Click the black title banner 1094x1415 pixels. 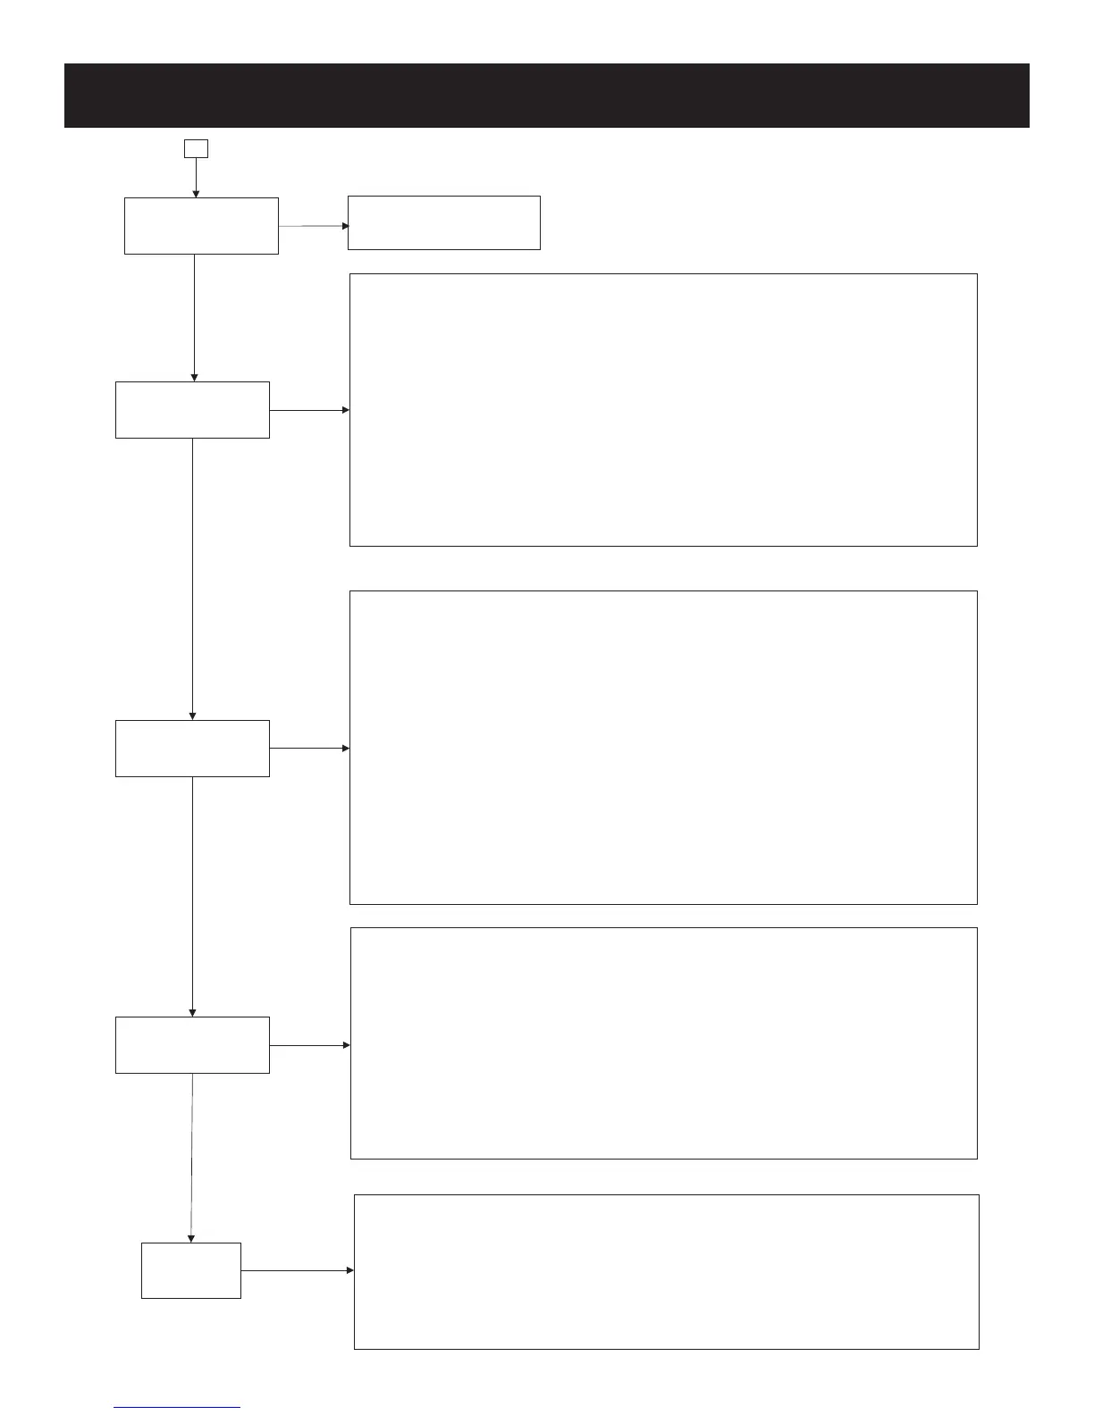pyautogui.click(x=546, y=96)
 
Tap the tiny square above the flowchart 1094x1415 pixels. pyautogui.click(x=196, y=148)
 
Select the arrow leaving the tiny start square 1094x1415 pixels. pyautogui.click(x=196, y=177)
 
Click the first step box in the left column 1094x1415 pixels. pyautogui.click(x=201, y=226)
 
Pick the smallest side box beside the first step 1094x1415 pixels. pyautogui.click(x=443, y=222)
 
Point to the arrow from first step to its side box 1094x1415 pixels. pyautogui.click(x=313, y=226)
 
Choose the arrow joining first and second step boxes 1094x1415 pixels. pyautogui.click(x=194, y=317)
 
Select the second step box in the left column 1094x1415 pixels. pyautogui.click(x=192, y=410)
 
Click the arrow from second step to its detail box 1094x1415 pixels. pyautogui.click(x=309, y=410)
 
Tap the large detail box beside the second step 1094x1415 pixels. pyautogui.click(x=663, y=410)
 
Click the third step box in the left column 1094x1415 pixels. pyautogui.click(x=192, y=749)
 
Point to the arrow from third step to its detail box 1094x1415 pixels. pyautogui.click(x=309, y=748)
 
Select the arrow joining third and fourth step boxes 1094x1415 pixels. pyautogui.click(x=192, y=896)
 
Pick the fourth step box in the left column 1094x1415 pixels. pyautogui.click(x=192, y=1045)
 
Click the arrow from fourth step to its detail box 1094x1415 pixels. pyautogui.click(x=309, y=1044)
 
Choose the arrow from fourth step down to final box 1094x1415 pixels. pyautogui.click(x=191, y=1157)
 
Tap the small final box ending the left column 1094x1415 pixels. pyautogui.click(x=191, y=1270)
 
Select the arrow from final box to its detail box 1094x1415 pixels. pyautogui.click(x=298, y=1270)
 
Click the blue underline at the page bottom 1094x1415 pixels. pyautogui.click(x=177, y=1408)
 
